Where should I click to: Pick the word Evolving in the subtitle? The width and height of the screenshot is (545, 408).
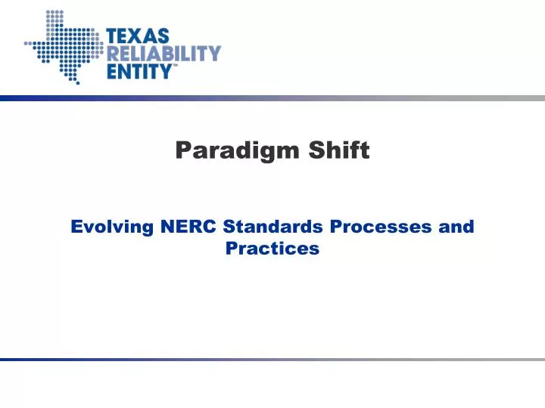click(x=112, y=226)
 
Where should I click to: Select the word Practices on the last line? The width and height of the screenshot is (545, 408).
click(x=272, y=248)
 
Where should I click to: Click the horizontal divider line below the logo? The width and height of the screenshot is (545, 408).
click(x=272, y=98)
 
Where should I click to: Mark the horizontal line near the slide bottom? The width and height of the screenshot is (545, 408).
click(x=272, y=360)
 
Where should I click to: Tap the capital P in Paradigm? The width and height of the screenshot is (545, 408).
click(x=182, y=151)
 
